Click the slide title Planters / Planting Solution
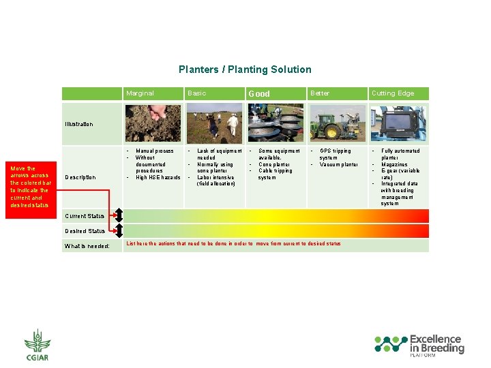(245, 70)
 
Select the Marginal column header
(140, 93)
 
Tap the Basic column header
(196, 93)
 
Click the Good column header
(259, 94)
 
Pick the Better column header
(319, 93)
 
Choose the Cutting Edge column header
(392, 93)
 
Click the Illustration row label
(79, 124)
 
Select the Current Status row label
(85, 216)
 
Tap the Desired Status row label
(85, 231)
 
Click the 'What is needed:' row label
(87, 246)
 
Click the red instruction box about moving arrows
(30, 186)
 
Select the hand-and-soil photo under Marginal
(153, 123)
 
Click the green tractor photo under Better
(338, 123)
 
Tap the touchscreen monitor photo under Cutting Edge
(400, 123)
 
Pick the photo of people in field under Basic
(214, 123)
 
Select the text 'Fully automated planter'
(400, 154)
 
